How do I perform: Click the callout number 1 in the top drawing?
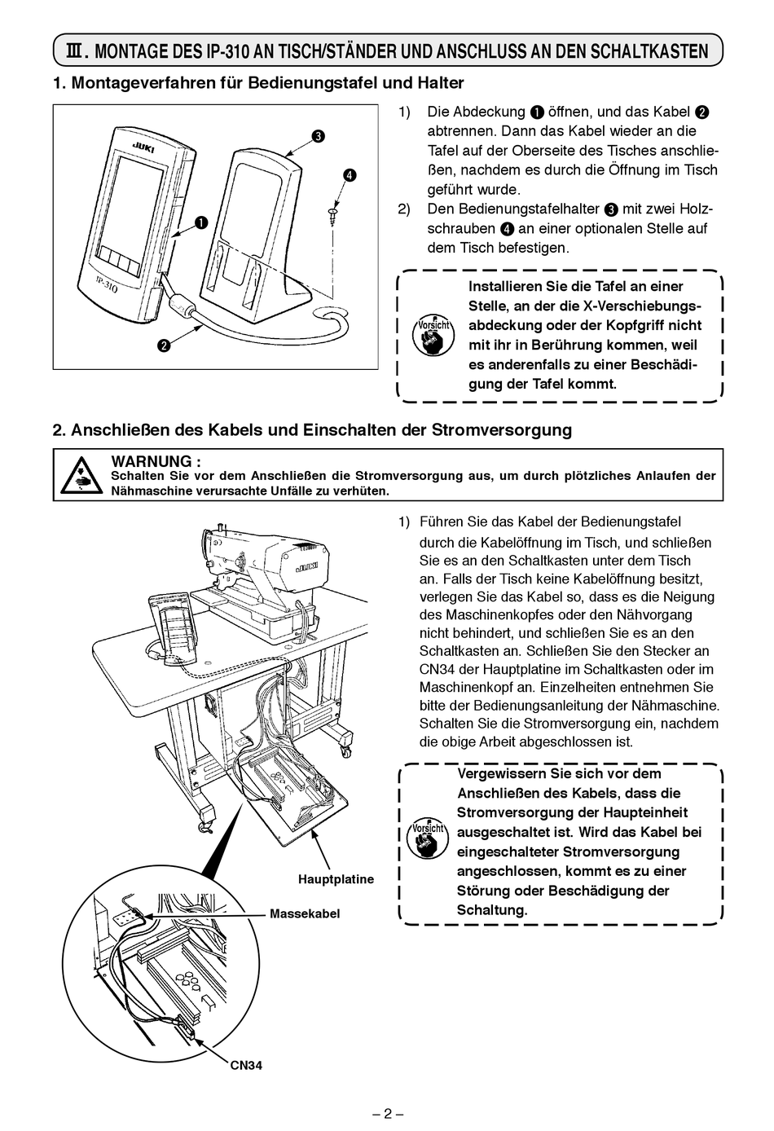(x=200, y=222)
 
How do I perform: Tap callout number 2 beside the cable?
(x=164, y=345)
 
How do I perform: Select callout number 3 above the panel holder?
(x=319, y=136)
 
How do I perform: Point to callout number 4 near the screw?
(x=349, y=175)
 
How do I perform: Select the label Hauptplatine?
(x=336, y=879)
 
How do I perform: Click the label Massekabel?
(x=305, y=913)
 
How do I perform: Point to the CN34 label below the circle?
(x=246, y=1065)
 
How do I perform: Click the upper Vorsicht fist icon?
(x=433, y=334)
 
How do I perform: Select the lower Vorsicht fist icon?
(x=427, y=838)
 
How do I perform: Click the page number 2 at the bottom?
(x=388, y=1114)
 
